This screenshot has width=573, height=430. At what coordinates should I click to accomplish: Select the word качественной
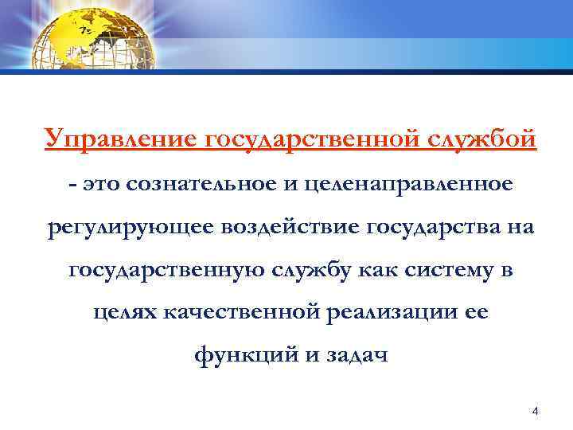point(242,314)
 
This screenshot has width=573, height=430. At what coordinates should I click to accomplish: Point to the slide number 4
point(535,412)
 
